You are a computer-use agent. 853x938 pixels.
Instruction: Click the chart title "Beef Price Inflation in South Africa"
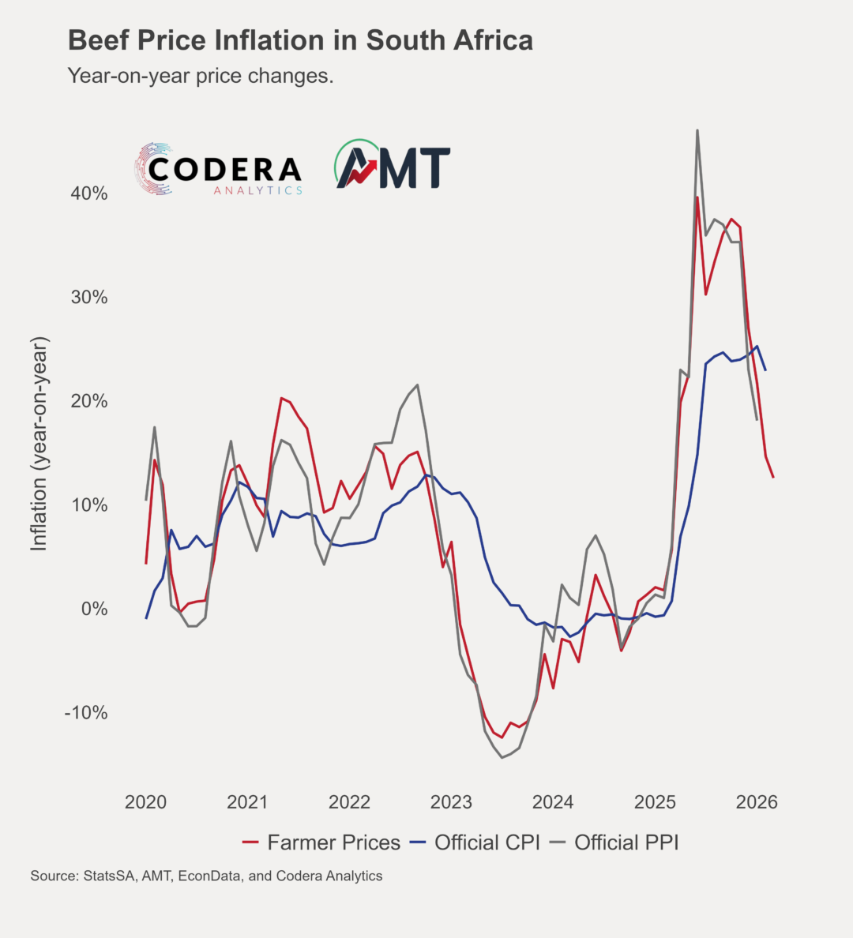click(300, 40)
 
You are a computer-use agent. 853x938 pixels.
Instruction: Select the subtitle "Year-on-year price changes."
click(201, 76)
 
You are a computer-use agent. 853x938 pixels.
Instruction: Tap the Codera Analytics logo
click(219, 169)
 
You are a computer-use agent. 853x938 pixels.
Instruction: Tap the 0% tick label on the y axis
click(94, 609)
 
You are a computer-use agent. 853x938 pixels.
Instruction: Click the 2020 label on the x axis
click(146, 802)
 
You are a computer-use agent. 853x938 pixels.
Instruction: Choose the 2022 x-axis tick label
click(349, 802)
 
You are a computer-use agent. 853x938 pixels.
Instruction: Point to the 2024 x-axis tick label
click(553, 802)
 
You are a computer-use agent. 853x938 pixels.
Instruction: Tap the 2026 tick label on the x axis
click(756, 802)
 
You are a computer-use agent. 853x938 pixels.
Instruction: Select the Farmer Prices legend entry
click(321, 842)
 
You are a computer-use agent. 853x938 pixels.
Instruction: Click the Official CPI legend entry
click(475, 842)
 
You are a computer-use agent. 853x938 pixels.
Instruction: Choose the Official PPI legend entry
click(615, 842)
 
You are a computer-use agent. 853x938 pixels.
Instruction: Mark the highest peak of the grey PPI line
click(697, 130)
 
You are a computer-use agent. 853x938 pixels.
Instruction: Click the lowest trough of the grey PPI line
click(502, 758)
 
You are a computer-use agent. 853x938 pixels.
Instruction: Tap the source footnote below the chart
click(206, 876)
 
